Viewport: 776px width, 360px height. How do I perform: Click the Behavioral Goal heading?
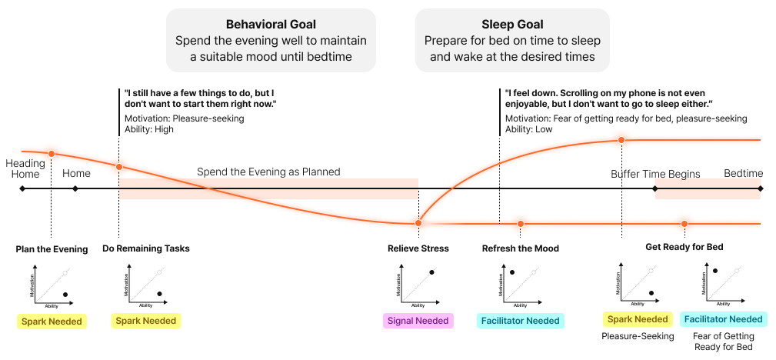[x=271, y=24]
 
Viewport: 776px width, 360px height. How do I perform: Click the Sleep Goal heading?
[x=512, y=24]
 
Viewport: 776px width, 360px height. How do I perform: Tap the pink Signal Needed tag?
[x=418, y=321]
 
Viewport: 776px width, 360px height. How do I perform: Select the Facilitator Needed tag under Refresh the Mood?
[x=521, y=321]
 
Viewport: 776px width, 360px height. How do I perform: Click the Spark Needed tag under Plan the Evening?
[x=52, y=321]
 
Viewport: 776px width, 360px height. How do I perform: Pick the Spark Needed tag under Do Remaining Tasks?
[x=145, y=321]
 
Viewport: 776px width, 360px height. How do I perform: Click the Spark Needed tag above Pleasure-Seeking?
[x=638, y=319]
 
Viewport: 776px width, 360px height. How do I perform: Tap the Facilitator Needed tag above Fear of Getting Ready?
[x=723, y=319]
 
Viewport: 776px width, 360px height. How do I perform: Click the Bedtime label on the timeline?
[x=743, y=174]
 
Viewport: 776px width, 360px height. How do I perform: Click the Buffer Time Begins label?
[x=655, y=174]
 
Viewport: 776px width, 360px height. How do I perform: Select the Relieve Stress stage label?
[x=418, y=248]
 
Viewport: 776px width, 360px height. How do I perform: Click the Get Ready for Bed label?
[x=684, y=247]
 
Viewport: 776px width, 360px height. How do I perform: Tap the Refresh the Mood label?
[x=521, y=248]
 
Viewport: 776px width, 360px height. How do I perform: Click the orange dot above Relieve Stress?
[x=418, y=223]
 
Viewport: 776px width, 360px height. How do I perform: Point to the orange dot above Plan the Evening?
[x=52, y=154]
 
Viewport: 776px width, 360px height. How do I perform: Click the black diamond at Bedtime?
[x=761, y=188]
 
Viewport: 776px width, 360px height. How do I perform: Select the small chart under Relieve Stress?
[x=418, y=282]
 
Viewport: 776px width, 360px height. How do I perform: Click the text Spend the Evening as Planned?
[x=268, y=172]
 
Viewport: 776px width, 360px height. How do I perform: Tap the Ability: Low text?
[x=528, y=129]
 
